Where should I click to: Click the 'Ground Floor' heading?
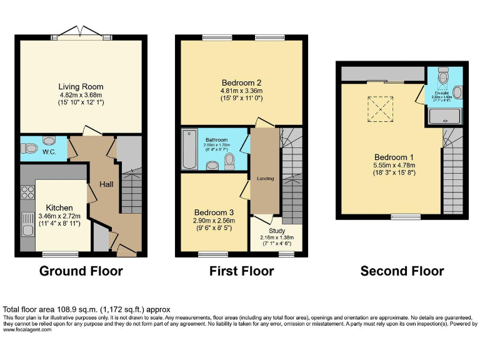point(81,271)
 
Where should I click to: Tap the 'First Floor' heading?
point(242,271)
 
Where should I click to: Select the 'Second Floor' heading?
point(402,271)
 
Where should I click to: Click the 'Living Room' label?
point(81,87)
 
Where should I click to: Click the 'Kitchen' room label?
point(60,207)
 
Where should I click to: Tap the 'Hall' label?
point(106,184)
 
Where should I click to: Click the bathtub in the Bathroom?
point(189,151)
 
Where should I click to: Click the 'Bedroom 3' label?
point(213,212)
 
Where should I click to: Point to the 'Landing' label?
point(266,179)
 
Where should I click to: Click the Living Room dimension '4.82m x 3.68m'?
point(81,95)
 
